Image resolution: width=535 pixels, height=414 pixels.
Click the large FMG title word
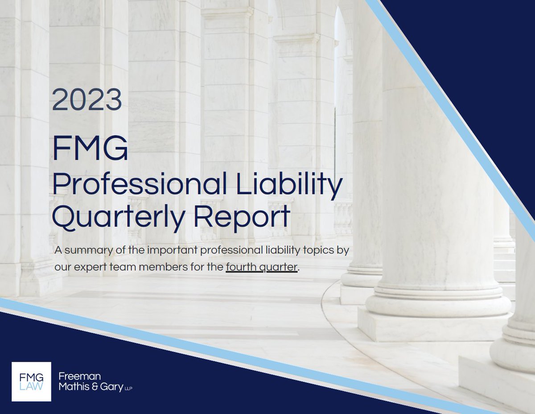click(90, 149)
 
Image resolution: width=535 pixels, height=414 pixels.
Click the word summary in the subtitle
click(90, 251)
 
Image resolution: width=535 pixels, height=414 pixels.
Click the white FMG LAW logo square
click(31, 381)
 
